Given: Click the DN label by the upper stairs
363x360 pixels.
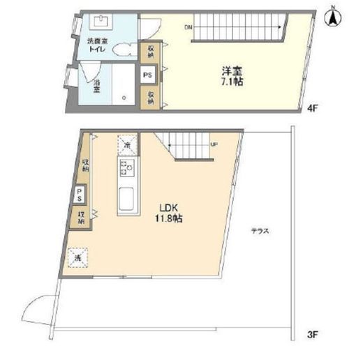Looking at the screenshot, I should (x=188, y=28).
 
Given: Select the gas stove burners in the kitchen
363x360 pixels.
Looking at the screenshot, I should (x=127, y=167).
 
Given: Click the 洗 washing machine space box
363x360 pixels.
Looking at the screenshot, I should (x=77, y=255).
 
